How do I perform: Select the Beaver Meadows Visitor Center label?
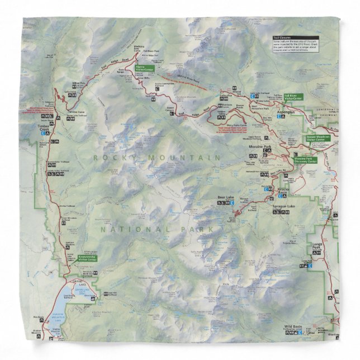[318, 138]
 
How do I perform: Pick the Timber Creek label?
[44, 127]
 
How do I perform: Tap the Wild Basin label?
[293, 325]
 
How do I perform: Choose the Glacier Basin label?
[287, 190]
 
